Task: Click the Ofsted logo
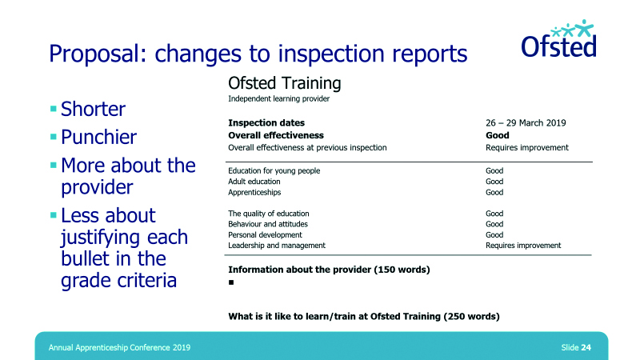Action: tap(558, 38)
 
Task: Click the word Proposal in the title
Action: tap(98, 54)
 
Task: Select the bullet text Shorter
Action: tap(93, 109)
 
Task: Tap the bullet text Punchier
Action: tap(98, 137)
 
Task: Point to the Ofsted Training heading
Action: tap(285, 84)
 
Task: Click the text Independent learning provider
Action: tap(278, 98)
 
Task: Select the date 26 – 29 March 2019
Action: tap(526, 123)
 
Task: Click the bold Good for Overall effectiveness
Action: tap(497, 135)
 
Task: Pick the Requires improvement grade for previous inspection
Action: tap(527, 148)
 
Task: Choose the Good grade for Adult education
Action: tap(494, 182)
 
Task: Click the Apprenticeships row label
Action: tap(254, 193)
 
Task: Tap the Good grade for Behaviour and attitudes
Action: tap(494, 224)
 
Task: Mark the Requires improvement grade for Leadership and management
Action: tap(523, 246)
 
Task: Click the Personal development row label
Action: tap(265, 235)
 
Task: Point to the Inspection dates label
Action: tap(266, 123)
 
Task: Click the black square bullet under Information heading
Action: tap(231, 282)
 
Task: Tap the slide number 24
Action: tap(586, 347)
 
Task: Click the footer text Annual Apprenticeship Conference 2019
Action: tap(119, 348)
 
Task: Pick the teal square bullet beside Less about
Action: tap(53, 215)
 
